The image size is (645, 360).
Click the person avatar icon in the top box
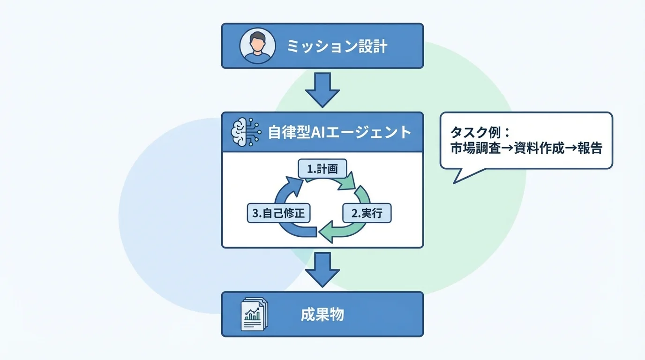(256, 46)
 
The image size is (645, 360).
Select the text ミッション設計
(337, 46)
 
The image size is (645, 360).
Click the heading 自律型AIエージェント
(339, 132)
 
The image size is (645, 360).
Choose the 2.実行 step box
(367, 214)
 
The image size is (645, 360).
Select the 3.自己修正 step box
(278, 214)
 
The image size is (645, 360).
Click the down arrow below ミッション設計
(322, 90)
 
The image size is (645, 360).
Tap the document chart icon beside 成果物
(254, 314)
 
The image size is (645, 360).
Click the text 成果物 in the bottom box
(322, 315)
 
